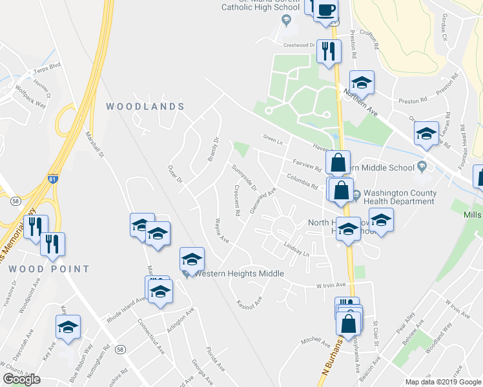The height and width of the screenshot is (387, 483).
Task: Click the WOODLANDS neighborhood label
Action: [145, 106]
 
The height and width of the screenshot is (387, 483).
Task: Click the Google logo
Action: [22, 379]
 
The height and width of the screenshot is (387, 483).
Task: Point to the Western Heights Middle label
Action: [240, 273]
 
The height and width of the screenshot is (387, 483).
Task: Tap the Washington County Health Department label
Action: [400, 197]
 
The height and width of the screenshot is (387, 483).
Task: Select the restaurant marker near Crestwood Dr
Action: [329, 51]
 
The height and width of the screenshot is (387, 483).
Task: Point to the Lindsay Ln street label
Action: [297, 250]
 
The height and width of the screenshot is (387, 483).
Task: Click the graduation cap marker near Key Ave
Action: [68, 327]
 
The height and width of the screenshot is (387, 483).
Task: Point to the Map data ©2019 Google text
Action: [442, 382]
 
